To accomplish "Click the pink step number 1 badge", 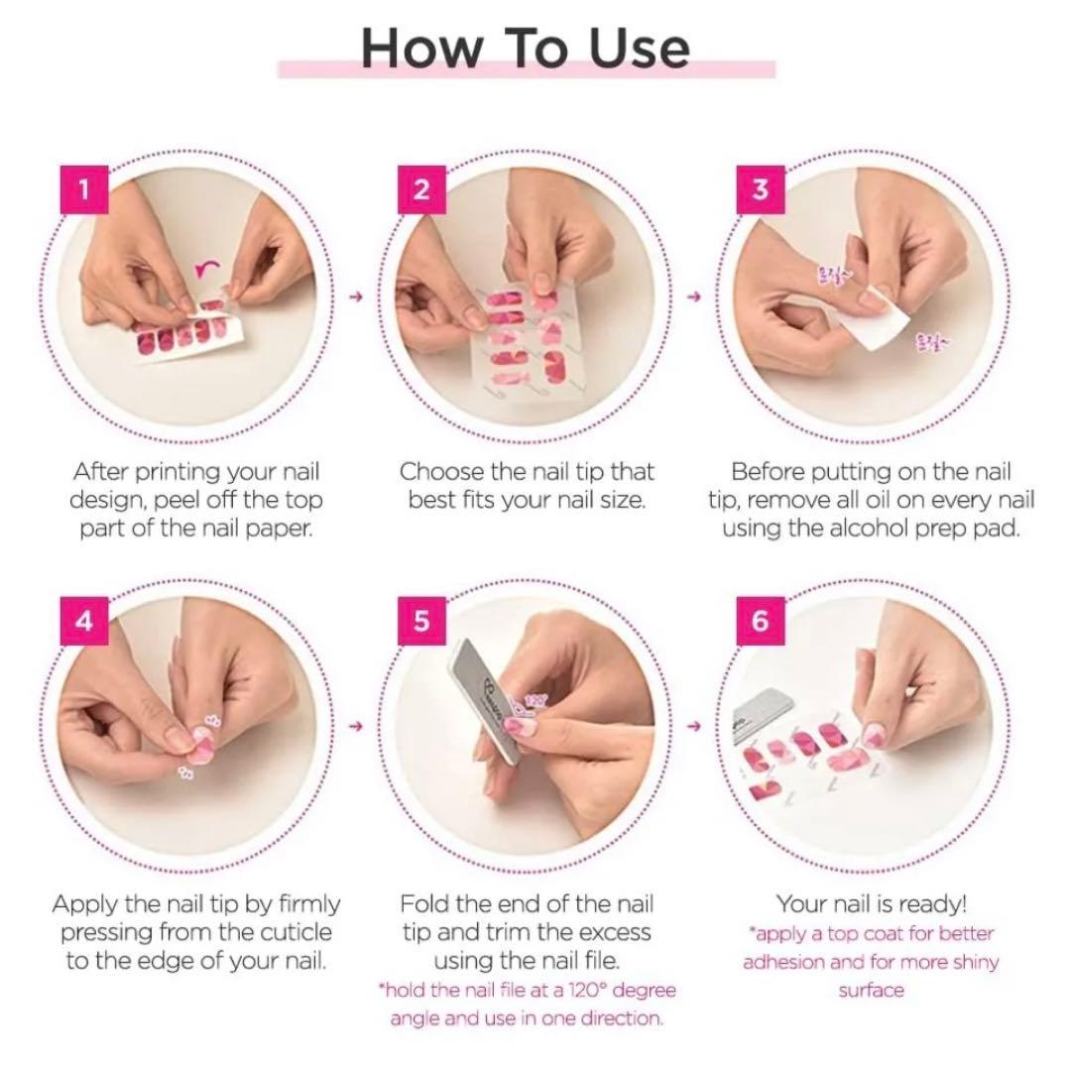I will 84,188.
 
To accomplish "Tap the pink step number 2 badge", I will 421,188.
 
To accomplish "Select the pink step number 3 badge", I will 761,188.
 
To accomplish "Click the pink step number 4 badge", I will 84,621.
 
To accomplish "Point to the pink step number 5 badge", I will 421,621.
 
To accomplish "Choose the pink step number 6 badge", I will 761,621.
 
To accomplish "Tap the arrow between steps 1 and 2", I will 358,296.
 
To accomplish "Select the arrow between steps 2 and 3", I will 694,296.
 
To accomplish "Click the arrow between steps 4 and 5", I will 358,727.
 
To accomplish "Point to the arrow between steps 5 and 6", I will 694,727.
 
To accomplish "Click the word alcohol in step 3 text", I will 871,529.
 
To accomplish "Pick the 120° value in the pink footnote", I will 599,991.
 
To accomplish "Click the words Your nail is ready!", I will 871,903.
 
